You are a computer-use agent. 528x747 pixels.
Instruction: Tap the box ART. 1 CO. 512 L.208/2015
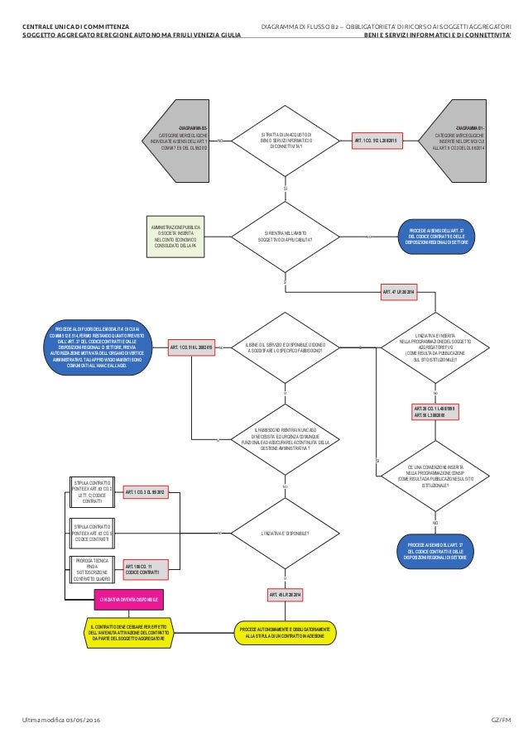pos(377,141)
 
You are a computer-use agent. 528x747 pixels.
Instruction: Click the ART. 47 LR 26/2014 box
pos(399,292)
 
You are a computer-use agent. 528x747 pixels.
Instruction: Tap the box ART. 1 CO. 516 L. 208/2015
pos(192,348)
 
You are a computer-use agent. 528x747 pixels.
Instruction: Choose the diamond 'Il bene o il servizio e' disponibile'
pos(285,348)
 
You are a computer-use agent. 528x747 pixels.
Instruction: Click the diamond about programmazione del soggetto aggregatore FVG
pos(434,348)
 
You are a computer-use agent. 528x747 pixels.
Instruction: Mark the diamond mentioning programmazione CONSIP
pos(434,473)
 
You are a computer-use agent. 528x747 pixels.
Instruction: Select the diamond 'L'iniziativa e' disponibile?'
pos(285,534)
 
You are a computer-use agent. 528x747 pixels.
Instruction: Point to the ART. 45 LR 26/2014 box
pos(285,595)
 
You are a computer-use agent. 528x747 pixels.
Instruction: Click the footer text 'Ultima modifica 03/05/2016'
pos(61,721)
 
